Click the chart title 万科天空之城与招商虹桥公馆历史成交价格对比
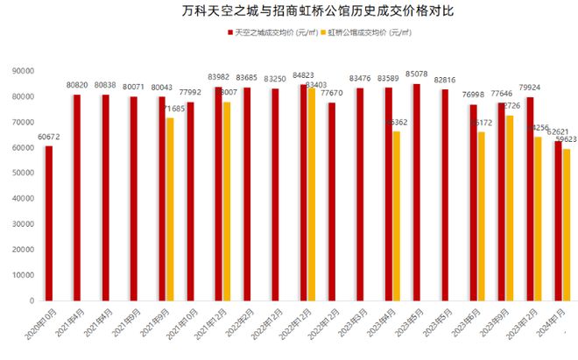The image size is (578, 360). tap(289, 12)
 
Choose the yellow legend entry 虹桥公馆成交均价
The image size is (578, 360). tap(369, 32)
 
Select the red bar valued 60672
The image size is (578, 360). tap(49, 223)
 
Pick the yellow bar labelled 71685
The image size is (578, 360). tap(170, 209)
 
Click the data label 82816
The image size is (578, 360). tap(444, 80)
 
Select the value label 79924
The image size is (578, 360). tap(529, 88)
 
